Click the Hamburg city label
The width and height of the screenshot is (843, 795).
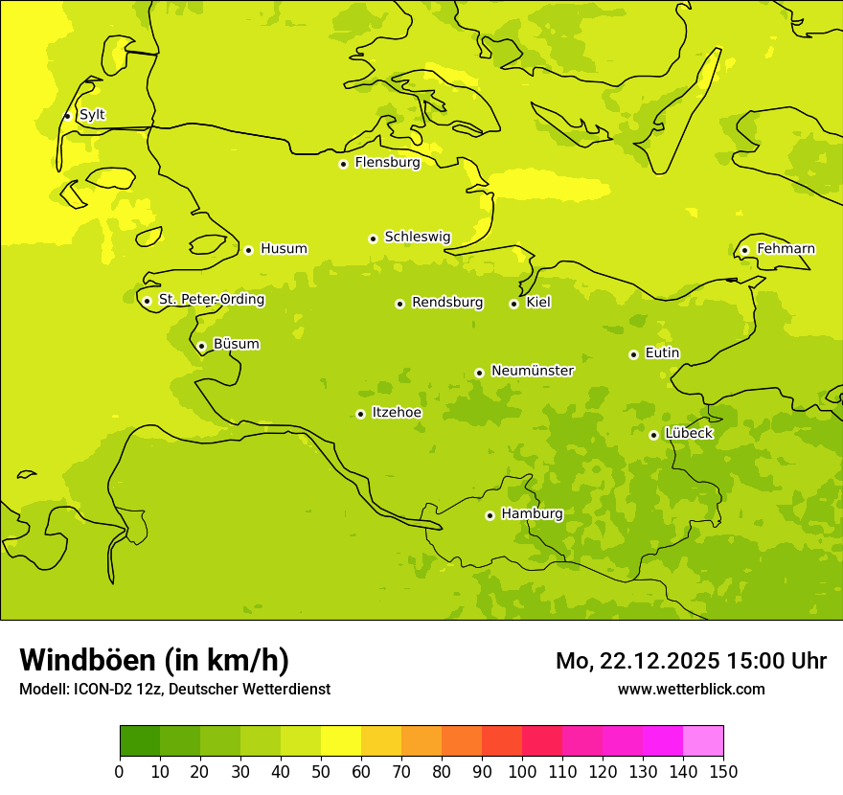coord(532,514)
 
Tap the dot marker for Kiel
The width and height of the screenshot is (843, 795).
coord(513,304)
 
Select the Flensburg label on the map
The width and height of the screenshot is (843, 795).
coord(387,163)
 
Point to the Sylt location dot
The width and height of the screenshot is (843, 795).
coord(67,116)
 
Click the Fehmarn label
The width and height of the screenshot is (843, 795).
coord(786,249)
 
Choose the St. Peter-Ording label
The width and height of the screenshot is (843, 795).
coord(211,300)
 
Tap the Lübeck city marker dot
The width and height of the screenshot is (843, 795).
coord(653,435)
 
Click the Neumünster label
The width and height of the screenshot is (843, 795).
coord(532,371)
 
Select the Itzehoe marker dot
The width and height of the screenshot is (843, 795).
coord(360,414)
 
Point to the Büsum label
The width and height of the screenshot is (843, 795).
coord(236,344)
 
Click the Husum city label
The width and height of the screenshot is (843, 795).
coord(284,249)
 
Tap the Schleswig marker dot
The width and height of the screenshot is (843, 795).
coord(373,238)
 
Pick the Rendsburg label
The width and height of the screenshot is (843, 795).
coord(446,303)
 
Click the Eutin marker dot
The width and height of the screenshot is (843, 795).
coord(633,354)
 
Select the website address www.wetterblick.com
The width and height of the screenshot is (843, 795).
coord(691,689)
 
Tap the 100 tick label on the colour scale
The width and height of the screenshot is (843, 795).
coord(522,771)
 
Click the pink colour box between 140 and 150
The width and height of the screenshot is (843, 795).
coord(702,740)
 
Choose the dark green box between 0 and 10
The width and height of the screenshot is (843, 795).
coord(140,740)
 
